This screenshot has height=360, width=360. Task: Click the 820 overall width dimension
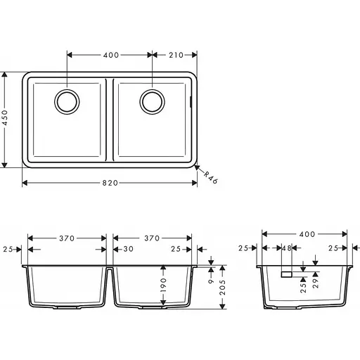pos(110,183)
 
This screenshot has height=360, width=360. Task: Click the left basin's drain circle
pos(67,102)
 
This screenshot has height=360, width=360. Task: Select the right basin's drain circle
pos(152,102)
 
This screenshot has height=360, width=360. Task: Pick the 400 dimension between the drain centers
pos(110,54)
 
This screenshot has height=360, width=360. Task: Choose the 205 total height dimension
pos(223,288)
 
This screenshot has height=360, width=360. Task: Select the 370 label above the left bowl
pos(67,238)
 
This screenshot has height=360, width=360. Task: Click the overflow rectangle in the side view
pos(287,274)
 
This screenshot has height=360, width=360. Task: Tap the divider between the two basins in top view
pos(110,120)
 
